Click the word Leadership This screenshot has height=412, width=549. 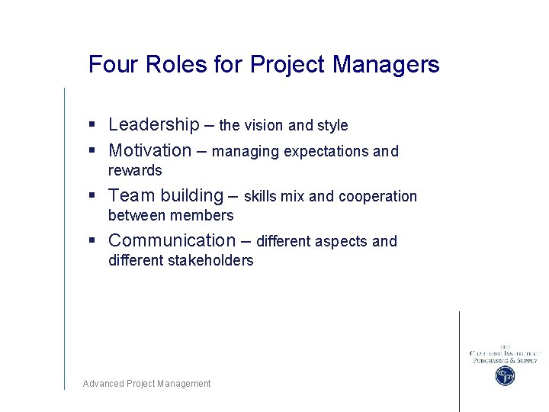pos(153,124)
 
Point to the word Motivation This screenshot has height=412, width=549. pos(150,150)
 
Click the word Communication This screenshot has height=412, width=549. pos(172,240)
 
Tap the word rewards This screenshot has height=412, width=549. pos(135,170)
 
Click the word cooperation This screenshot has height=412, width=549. pos(377,196)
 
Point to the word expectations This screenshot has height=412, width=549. pos(326,152)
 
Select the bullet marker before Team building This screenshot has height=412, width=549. pos(91,196)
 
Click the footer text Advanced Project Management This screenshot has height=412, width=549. pos(146,384)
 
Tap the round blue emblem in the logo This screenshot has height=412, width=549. pos(505,375)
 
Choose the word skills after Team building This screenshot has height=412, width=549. pos(260,196)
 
